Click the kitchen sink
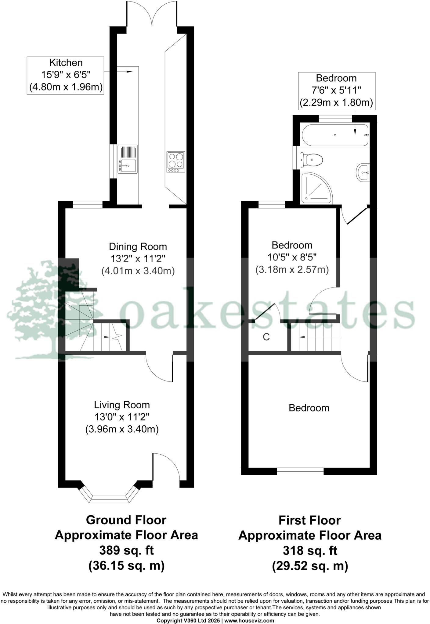[x=128, y=160]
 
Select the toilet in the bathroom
[x=312, y=159]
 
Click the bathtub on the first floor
[x=335, y=135]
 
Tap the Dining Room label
[x=138, y=246]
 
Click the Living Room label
[x=122, y=405]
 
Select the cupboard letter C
[x=266, y=337]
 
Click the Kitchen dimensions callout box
[x=66, y=75]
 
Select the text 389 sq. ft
[x=126, y=551]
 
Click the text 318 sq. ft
[x=310, y=551]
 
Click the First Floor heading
[x=309, y=520]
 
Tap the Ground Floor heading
[x=126, y=520]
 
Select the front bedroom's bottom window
[x=300, y=471]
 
